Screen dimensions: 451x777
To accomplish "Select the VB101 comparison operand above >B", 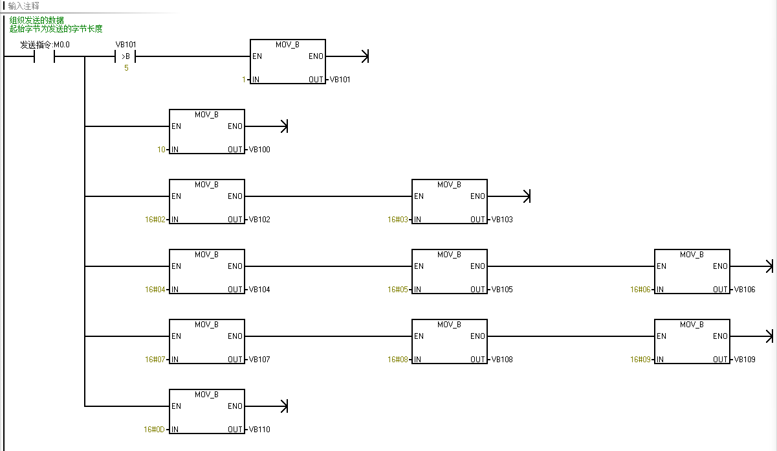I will tap(126, 45).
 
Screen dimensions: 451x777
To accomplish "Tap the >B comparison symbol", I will tap(126, 56).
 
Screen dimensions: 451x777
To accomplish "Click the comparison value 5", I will tap(126, 68).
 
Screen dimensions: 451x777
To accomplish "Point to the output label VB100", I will tap(259, 150).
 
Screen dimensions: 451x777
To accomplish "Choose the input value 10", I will tap(162, 150).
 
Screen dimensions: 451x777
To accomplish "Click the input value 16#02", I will tap(156, 220).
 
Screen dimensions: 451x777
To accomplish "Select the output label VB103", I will tap(502, 220).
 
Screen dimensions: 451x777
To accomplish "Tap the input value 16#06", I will tap(641, 290).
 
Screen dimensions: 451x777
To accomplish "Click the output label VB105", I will tap(502, 290).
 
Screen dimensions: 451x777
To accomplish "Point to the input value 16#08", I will tap(399, 360).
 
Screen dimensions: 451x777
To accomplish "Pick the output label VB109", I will tap(745, 360).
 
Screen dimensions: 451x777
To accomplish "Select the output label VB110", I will tap(259, 430).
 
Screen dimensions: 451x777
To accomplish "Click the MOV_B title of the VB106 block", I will tap(692, 255).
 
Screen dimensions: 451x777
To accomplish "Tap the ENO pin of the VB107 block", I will tap(235, 336).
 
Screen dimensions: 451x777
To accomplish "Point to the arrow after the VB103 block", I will tap(526, 196).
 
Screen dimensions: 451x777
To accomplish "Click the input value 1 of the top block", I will tap(245, 80).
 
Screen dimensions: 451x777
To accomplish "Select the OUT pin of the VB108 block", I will tap(478, 360).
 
